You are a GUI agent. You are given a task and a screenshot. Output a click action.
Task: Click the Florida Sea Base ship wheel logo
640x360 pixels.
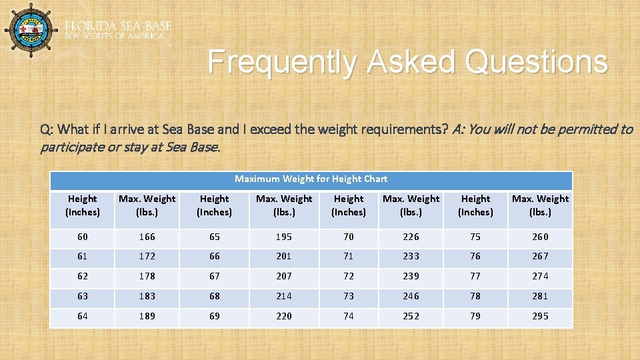31,30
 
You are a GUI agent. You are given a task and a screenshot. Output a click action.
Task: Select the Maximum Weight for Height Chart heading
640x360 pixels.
311,179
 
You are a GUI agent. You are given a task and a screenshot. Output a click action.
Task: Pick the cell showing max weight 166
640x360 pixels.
147,237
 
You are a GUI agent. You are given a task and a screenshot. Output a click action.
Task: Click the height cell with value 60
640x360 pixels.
82,237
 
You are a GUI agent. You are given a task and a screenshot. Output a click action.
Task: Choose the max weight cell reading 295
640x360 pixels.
540,316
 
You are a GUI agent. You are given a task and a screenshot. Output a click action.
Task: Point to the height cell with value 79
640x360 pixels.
475,316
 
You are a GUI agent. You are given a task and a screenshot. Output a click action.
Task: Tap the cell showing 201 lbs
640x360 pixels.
284,256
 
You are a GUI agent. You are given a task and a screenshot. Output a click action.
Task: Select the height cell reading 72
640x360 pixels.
349,276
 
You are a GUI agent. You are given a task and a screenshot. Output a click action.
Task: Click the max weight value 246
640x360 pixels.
411,296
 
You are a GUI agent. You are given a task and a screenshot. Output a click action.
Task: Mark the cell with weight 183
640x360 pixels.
147,296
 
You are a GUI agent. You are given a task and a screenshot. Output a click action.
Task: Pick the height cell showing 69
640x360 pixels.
214,316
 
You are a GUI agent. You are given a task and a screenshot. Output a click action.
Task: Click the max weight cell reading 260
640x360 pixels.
540,237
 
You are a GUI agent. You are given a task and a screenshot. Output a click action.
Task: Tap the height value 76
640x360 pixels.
475,256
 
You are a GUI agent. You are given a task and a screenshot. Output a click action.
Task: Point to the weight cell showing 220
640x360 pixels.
284,316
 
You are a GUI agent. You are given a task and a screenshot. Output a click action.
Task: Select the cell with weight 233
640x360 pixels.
411,256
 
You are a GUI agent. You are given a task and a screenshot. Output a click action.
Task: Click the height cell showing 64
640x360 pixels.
82,316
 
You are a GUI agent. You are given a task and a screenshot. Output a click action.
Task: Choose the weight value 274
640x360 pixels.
540,276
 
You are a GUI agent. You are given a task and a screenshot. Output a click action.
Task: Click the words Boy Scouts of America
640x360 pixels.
114,36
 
